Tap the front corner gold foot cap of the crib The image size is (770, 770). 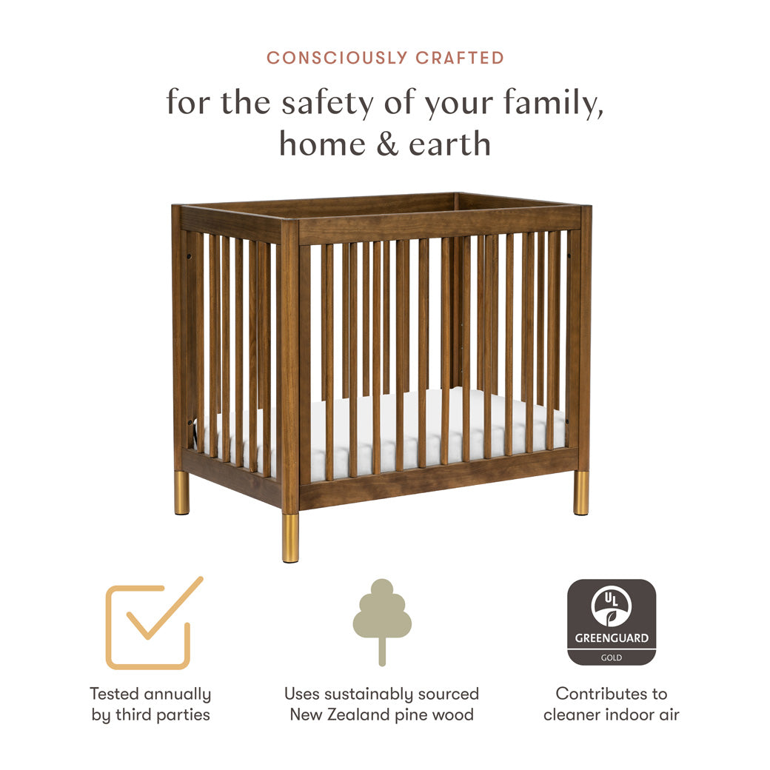pos(290,538)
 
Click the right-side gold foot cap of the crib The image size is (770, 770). pos(581,492)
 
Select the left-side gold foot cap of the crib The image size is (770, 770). pos(181,492)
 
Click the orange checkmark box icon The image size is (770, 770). pos(152,623)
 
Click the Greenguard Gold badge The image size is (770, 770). pos(612,622)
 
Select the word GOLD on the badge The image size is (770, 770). pos(612,657)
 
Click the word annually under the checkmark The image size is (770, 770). pos(177,694)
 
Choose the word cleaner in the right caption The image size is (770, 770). pos(575,714)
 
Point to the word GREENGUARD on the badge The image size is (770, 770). pos(612,638)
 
